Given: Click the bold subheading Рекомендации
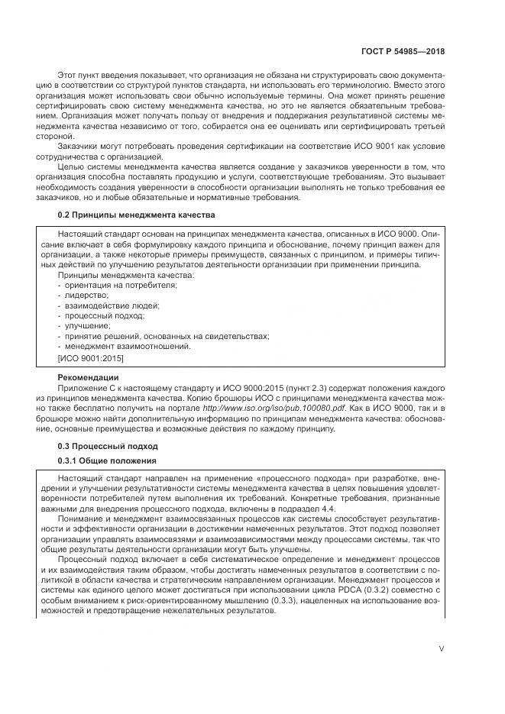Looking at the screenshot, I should pyautogui.click(x=88, y=377).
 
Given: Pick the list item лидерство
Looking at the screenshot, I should pyautogui.click(x=86, y=295).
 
